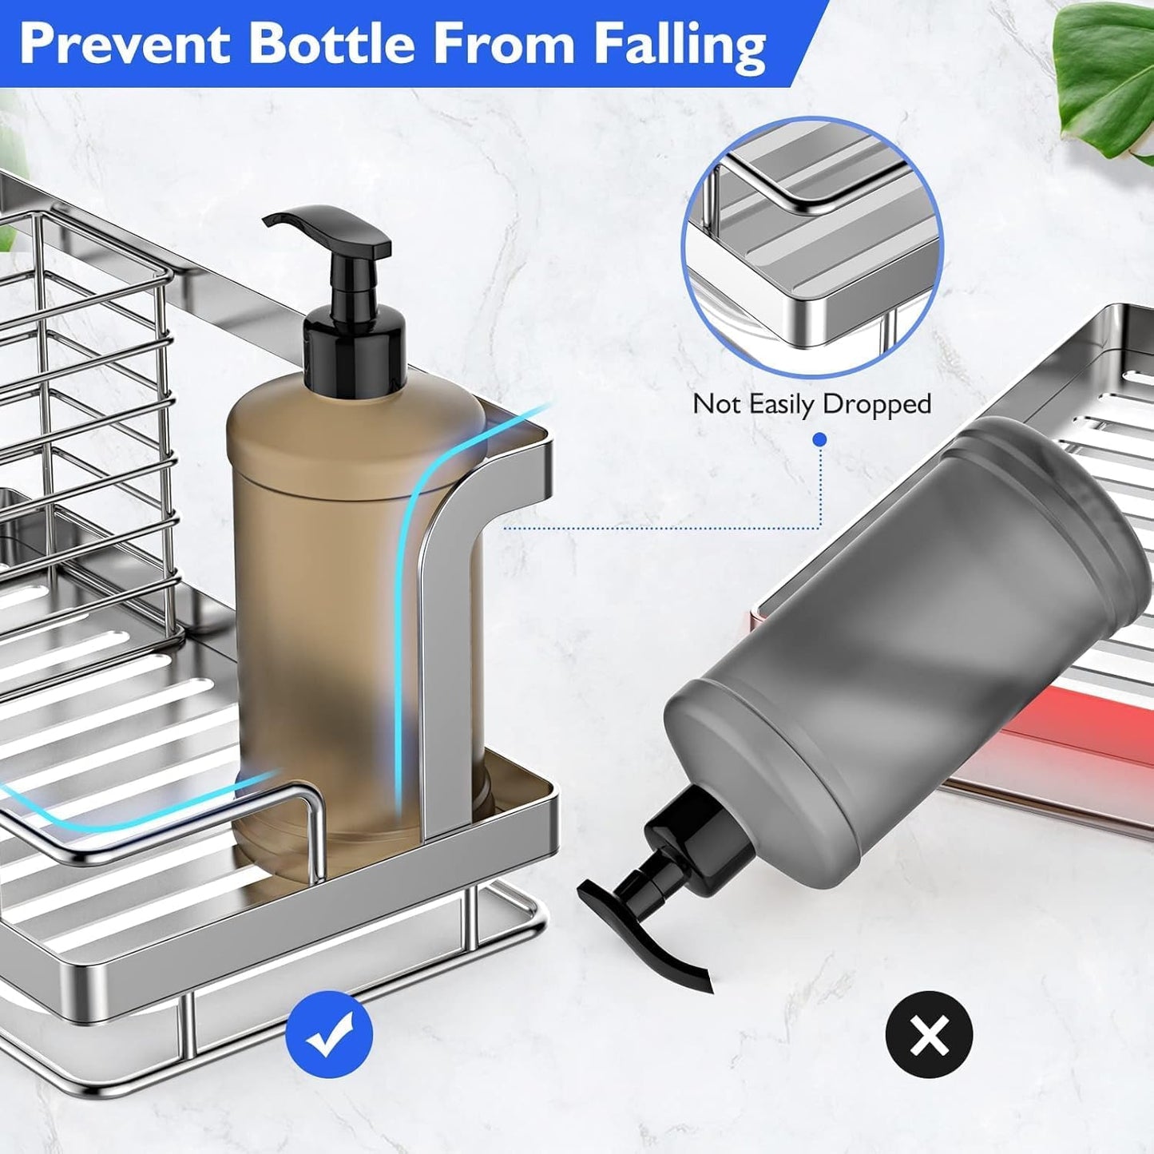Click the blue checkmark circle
(x=329, y=1034)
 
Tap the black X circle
(x=929, y=1034)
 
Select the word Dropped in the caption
(x=876, y=404)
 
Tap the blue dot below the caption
(x=820, y=440)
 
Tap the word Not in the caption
(x=717, y=404)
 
